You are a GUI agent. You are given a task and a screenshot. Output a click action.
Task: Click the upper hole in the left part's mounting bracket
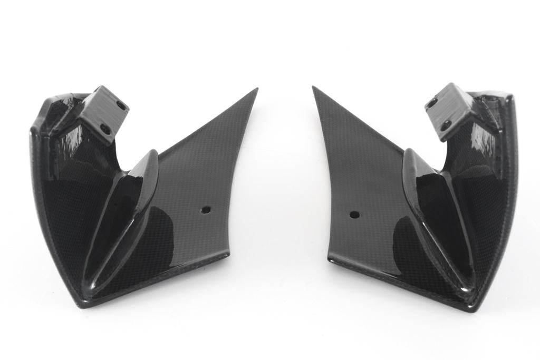(121, 106)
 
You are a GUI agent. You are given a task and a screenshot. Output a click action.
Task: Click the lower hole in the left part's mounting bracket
(105, 129)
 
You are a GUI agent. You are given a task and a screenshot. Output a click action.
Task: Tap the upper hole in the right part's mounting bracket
(432, 103)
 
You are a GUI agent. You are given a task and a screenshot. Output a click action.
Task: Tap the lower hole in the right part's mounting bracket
(447, 124)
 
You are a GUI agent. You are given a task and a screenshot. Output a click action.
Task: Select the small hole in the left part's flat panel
(206, 209)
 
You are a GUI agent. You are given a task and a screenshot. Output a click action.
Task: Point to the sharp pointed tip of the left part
(257, 89)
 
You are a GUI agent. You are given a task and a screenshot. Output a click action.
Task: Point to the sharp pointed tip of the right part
(313, 87)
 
